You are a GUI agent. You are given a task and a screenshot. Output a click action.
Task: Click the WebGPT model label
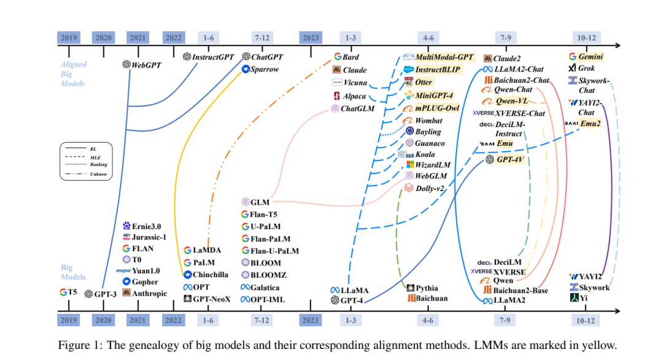[x=147, y=65]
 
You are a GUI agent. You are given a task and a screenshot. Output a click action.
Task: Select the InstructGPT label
[x=214, y=57]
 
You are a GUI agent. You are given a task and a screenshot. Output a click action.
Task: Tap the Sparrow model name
[x=265, y=69]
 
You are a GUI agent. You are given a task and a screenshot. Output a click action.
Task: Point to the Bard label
[x=351, y=57]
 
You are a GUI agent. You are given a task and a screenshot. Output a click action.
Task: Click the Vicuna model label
[x=355, y=82]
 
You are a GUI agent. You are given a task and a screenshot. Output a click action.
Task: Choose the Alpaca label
[x=354, y=96]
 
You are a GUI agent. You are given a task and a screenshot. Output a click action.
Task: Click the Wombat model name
[x=428, y=121]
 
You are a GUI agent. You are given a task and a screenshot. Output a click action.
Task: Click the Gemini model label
[x=591, y=57]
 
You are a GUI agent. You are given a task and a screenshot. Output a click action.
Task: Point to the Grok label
[x=586, y=68]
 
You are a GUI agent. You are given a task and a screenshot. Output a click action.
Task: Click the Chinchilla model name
[x=212, y=275]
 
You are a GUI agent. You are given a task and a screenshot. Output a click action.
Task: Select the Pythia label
[x=427, y=288]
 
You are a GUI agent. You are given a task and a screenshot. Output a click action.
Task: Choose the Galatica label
[x=268, y=288]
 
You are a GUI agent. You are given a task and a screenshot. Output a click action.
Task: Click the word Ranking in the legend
[x=98, y=165]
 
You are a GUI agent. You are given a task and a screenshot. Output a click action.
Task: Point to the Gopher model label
[x=145, y=282]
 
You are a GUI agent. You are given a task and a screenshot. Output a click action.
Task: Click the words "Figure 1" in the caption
[x=77, y=345]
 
